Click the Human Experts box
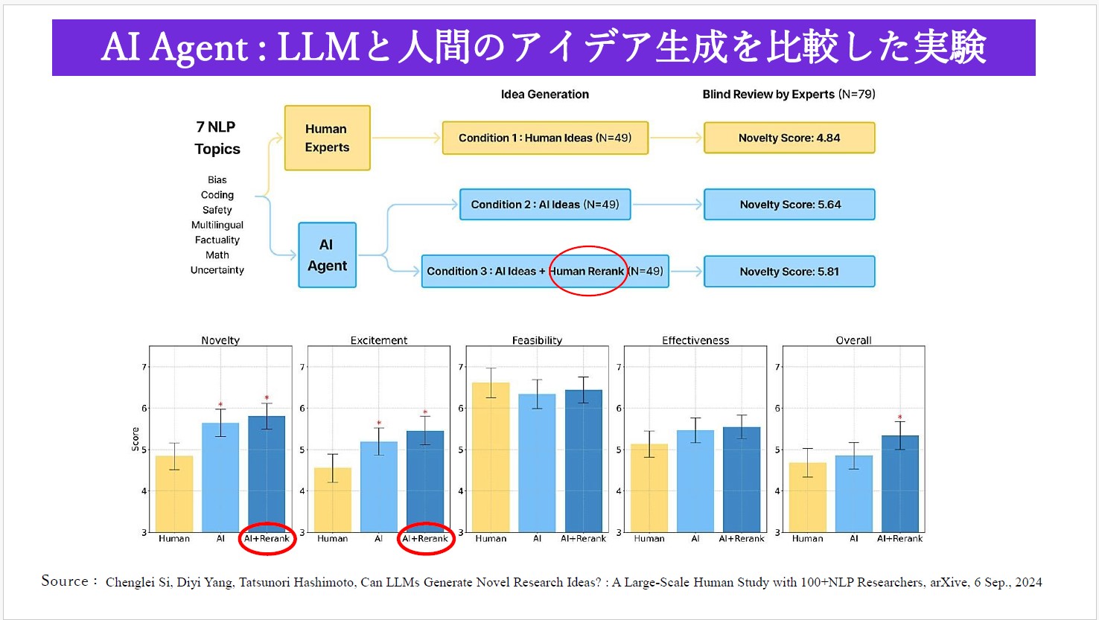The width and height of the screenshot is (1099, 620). (x=327, y=138)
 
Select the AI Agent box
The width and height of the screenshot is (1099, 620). (x=327, y=255)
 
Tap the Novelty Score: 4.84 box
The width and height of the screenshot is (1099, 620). (x=789, y=138)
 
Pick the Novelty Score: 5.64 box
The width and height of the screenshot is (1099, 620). (x=789, y=205)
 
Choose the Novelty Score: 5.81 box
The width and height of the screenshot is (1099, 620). (x=789, y=272)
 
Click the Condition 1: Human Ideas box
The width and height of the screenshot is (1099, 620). (x=545, y=138)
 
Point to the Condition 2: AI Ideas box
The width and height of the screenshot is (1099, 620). (x=545, y=205)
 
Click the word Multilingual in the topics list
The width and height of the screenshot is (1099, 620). (x=217, y=225)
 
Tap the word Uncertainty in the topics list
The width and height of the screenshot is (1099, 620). (x=217, y=270)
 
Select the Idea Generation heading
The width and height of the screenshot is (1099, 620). (x=545, y=95)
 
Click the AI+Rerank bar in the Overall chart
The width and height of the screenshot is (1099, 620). (x=899, y=484)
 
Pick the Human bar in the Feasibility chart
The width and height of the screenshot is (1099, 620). (x=491, y=457)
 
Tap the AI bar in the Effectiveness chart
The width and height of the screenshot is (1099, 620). (x=695, y=481)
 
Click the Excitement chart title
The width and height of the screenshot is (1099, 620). (x=379, y=340)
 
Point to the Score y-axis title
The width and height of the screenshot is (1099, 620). (x=136, y=439)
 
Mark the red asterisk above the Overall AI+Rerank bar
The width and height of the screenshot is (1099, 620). (x=899, y=418)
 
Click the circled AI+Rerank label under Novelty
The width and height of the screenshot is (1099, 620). (x=267, y=539)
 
